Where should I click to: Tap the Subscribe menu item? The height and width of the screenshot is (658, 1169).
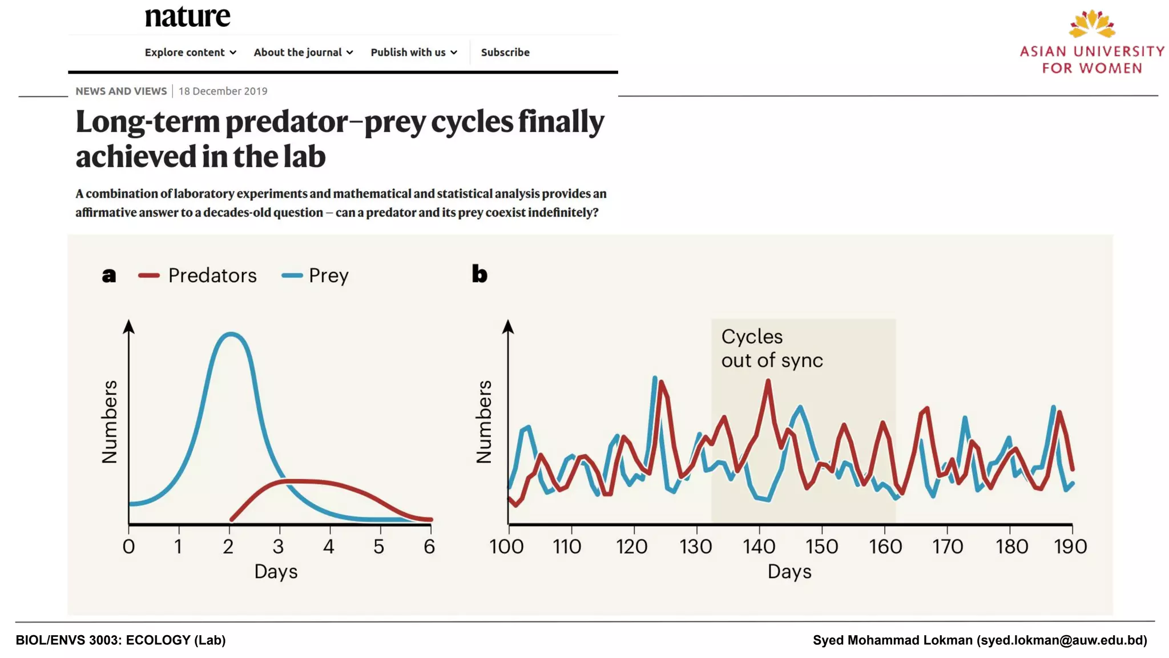505,52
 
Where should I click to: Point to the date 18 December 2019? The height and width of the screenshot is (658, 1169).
223,91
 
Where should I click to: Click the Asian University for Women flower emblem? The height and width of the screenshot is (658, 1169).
1091,24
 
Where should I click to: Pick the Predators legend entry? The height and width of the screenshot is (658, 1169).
197,275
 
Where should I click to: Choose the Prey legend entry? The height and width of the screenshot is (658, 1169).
315,275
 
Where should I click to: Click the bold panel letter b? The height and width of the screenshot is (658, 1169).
479,274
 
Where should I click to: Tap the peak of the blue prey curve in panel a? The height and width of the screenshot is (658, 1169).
231,334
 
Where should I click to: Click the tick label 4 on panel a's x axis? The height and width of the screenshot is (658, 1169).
328,547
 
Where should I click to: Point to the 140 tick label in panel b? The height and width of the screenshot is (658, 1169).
759,547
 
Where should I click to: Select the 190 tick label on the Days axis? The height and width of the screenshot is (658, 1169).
1070,547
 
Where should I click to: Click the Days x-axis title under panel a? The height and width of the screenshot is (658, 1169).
276,571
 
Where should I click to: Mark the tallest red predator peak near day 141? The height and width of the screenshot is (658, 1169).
768,382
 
